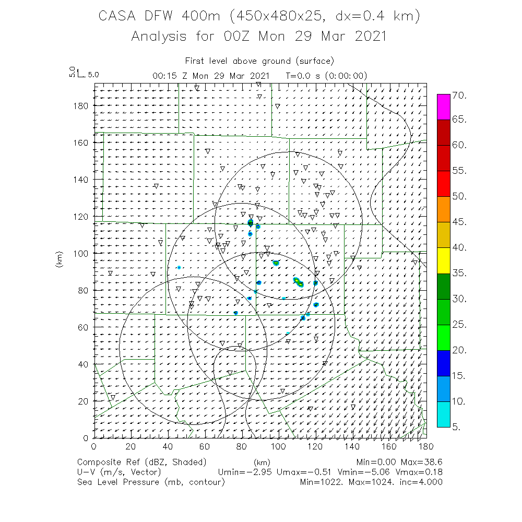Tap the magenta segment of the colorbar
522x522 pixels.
[x=443, y=107]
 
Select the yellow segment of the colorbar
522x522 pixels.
[x=443, y=260]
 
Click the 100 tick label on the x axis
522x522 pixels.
[x=278, y=446]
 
